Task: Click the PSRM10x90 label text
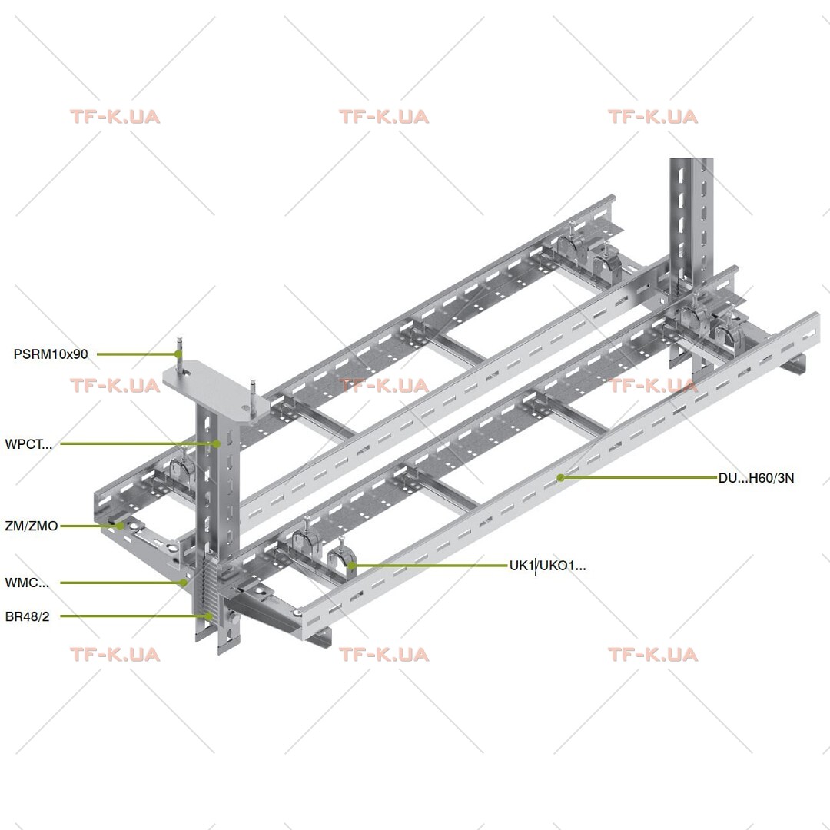[51, 354]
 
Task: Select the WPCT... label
[28, 444]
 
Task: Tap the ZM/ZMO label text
[32, 526]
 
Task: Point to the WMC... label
[27, 583]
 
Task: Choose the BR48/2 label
[27, 616]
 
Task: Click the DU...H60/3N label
[756, 478]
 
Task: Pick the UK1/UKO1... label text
[547, 566]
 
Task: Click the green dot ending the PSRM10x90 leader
[178, 354]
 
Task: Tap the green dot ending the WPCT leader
[217, 443]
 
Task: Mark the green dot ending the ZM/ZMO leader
[121, 526]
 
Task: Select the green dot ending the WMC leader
[183, 583]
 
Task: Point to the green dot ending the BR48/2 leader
[209, 616]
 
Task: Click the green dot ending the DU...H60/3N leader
[560, 477]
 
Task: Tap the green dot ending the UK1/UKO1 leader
[351, 566]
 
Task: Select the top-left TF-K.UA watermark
[115, 117]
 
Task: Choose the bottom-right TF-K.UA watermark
[652, 654]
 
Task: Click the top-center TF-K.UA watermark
[383, 117]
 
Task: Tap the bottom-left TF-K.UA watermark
[115, 654]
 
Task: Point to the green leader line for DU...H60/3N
[639, 477]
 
